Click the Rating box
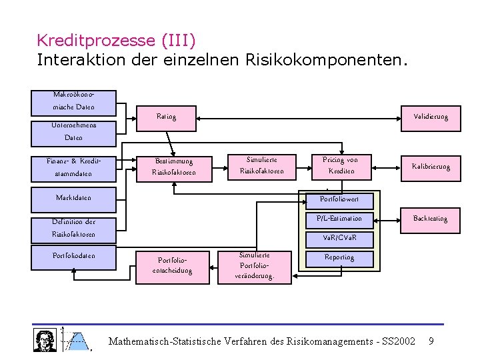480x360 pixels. click(x=166, y=117)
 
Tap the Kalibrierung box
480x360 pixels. click(x=431, y=166)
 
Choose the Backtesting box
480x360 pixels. click(x=431, y=219)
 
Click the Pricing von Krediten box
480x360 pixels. click(x=340, y=166)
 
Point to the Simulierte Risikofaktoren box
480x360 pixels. click(x=262, y=166)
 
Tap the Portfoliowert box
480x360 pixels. click(x=339, y=199)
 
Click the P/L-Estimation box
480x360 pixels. click(x=339, y=219)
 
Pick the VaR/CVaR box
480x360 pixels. click(x=339, y=238)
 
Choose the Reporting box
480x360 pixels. click(x=339, y=257)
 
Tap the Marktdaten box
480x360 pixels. click(x=74, y=198)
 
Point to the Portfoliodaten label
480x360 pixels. click(x=74, y=255)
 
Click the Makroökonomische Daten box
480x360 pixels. click(x=74, y=101)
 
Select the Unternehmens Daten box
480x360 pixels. click(x=74, y=131)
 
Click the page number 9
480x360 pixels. click(x=431, y=341)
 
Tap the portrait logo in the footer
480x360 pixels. click(x=45, y=340)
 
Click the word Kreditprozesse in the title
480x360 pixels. click(x=97, y=41)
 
